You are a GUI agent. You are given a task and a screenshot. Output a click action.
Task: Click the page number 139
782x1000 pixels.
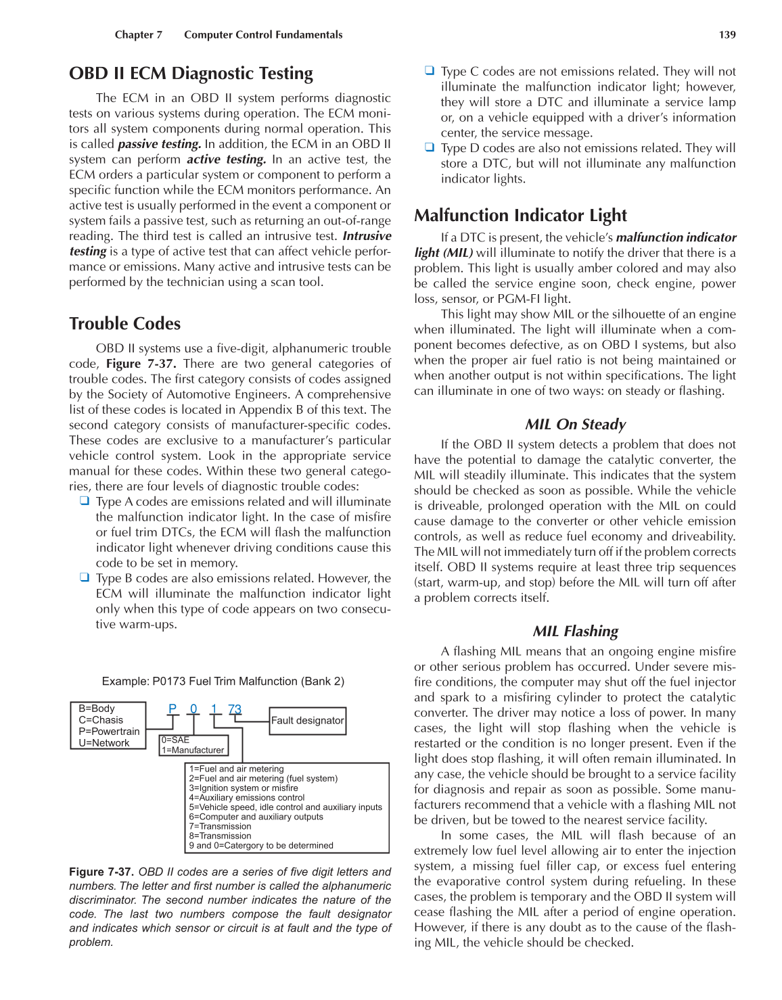(727, 34)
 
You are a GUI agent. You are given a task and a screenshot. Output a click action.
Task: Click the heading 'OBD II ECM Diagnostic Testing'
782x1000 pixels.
(191, 74)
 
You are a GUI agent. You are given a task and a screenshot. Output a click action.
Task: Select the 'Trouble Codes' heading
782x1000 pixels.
(124, 324)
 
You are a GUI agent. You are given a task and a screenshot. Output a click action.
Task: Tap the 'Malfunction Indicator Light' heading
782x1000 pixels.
(520, 216)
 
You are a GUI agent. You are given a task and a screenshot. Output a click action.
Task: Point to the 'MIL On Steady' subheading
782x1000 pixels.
(575, 425)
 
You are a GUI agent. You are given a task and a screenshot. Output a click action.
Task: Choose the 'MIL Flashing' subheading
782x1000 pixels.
(575, 632)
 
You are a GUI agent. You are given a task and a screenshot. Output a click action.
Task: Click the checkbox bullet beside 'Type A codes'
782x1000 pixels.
(85, 501)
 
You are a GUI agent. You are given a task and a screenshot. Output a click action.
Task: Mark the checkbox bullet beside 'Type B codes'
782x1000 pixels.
(85, 577)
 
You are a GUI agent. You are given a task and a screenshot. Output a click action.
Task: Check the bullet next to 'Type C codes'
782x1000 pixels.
(430, 70)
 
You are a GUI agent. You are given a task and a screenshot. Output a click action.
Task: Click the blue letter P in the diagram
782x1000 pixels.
(172, 709)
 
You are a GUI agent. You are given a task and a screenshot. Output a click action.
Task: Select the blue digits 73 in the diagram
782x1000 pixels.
(235, 709)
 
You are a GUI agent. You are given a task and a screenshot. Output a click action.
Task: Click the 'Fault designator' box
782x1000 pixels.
(308, 721)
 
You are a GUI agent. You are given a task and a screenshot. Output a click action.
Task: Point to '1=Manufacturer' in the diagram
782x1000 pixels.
(193, 750)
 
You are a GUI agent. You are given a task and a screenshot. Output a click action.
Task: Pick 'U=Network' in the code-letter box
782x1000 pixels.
(104, 743)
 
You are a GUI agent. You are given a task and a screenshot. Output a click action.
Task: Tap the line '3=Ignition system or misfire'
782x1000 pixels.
(244, 788)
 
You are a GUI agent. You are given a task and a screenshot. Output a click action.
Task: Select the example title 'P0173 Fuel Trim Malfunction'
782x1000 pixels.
(223, 682)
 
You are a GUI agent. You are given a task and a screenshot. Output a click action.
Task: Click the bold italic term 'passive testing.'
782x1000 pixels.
(159, 144)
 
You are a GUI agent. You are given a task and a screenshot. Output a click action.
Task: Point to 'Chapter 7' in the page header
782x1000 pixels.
(139, 34)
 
